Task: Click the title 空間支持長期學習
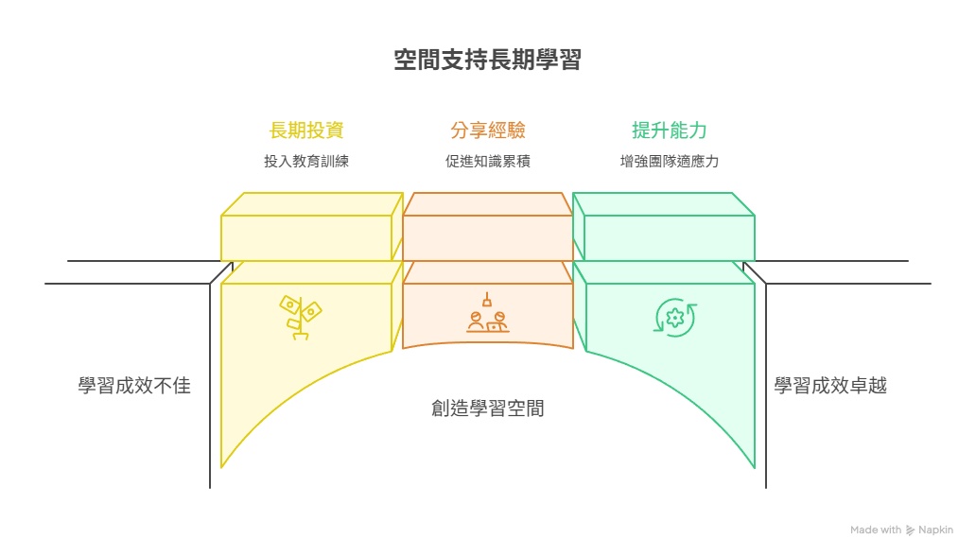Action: [487, 61]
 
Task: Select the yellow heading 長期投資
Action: [306, 130]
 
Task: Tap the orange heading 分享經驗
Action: [488, 130]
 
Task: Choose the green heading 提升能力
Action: [669, 130]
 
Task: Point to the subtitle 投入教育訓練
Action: [306, 162]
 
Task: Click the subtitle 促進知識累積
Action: [488, 162]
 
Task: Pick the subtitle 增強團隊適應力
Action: [669, 162]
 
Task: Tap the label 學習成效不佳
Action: [134, 386]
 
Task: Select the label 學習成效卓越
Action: [830, 386]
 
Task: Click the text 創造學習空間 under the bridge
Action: [488, 409]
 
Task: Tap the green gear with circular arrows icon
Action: [674, 319]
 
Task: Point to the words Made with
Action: [876, 530]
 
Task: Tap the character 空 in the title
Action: [405, 61]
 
